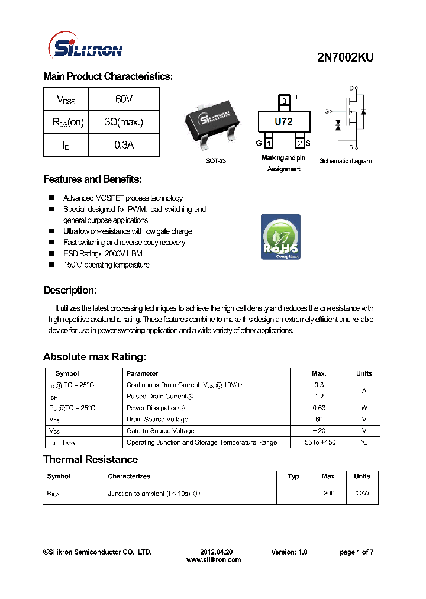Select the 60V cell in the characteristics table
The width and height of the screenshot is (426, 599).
124,99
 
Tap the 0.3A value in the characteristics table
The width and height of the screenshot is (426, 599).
124,144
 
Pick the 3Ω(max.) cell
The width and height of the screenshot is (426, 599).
124,122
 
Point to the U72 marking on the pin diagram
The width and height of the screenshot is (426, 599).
283,121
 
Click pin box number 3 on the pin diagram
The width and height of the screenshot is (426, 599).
284,101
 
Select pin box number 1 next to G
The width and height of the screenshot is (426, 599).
268,143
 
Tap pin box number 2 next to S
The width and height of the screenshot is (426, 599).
300,143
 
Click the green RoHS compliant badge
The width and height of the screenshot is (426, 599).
280,237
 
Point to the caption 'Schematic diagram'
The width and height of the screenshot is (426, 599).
346,161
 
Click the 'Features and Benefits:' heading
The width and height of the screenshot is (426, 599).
92,179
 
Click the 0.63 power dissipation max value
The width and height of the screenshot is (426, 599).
319,408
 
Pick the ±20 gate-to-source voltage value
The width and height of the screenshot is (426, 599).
319,431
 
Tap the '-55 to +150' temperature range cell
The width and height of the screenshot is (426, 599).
319,442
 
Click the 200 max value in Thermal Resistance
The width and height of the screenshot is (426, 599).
329,493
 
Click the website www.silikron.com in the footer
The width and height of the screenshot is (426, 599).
214,559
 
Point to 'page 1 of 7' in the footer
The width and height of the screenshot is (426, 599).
356,552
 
